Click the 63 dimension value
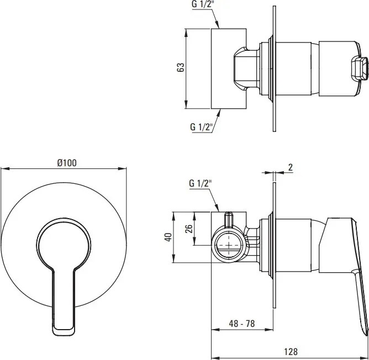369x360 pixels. [181, 67]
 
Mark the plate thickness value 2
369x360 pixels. [290, 167]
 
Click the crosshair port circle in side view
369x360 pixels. [227, 244]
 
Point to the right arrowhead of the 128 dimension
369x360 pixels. [366, 344]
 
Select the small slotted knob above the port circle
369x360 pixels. [228, 219]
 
